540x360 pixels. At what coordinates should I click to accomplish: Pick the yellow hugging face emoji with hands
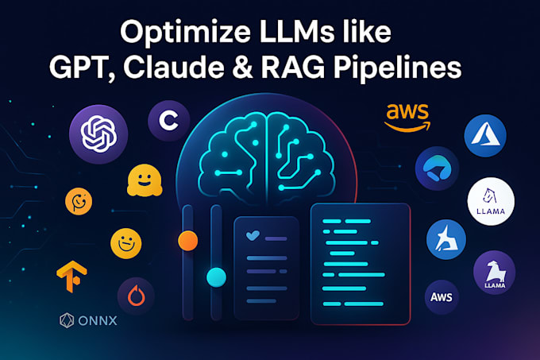pyautogui.click(x=144, y=181)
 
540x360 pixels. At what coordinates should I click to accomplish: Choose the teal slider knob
pyautogui.click(x=216, y=277)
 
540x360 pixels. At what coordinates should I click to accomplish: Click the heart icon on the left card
pyautogui.click(x=253, y=236)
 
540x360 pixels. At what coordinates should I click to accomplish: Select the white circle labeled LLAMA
pyautogui.click(x=491, y=200)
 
